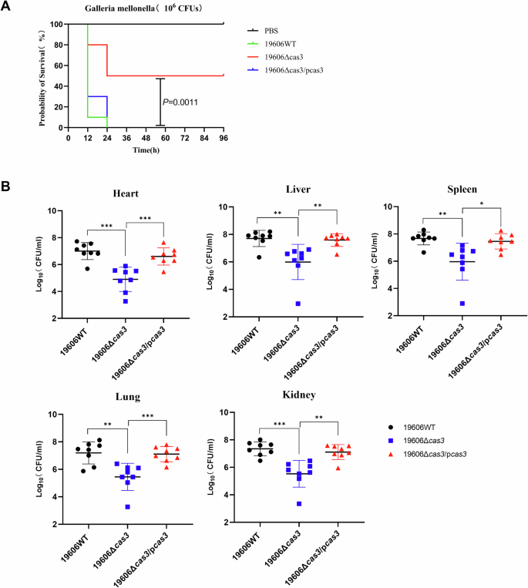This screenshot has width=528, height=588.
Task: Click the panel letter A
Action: coord(8,7)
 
